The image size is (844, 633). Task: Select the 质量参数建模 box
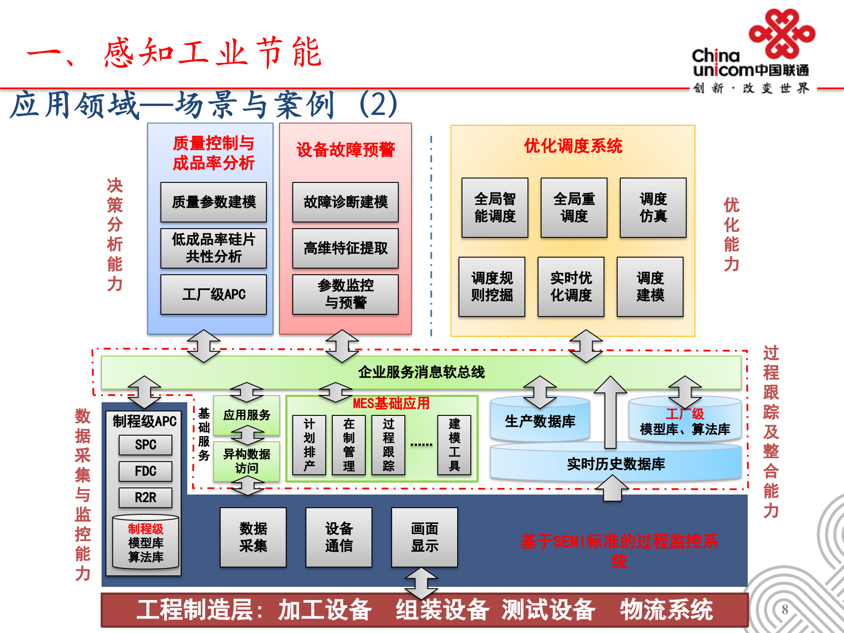pos(214,202)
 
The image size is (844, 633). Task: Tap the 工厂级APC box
pos(214,295)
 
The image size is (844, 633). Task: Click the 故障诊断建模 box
pos(346,202)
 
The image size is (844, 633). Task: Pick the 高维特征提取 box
pos(346,248)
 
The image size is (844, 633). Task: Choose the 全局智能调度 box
pos(495,207)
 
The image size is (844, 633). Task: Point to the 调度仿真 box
pos(653,207)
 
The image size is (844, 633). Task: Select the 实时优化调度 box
pos(571,287)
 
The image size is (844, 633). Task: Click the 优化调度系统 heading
pos(573,146)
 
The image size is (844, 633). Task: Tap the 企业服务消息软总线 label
pos(421,372)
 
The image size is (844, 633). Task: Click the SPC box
pos(146,445)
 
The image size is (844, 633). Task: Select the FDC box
pos(146,471)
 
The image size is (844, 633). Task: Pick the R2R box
pos(146,498)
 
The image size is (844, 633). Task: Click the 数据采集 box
pos(253,537)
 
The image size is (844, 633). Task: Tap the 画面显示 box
pos(425,537)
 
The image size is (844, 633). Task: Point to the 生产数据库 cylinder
pos(540,421)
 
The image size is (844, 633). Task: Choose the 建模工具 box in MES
pos(454,445)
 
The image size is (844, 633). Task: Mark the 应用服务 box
pos(247,415)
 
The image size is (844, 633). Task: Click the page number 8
pos(785,609)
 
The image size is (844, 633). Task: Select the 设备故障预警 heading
pos(346,150)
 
